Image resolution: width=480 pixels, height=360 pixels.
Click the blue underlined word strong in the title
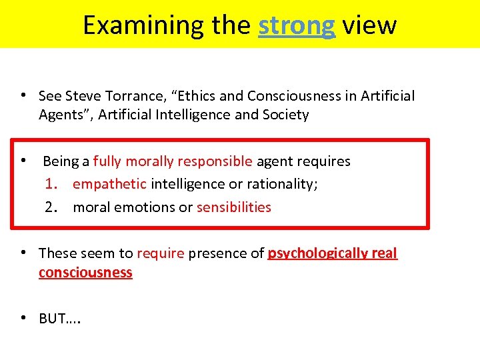point(296,25)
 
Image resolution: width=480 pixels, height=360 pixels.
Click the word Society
point(285,115)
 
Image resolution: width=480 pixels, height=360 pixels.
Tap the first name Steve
point(81,96)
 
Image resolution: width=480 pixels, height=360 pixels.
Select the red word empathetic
point(109,184)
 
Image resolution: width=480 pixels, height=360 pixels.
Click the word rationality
point(279,184)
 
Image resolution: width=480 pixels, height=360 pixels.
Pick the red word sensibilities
point(234,207)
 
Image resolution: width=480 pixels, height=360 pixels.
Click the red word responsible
point(215,161)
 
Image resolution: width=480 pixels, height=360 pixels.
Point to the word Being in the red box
point(61,161)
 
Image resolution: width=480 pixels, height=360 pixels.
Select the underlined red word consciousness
point(85,273)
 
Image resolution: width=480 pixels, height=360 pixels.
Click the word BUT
point(53,319)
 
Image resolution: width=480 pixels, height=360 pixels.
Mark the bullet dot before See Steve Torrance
point(23,95)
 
